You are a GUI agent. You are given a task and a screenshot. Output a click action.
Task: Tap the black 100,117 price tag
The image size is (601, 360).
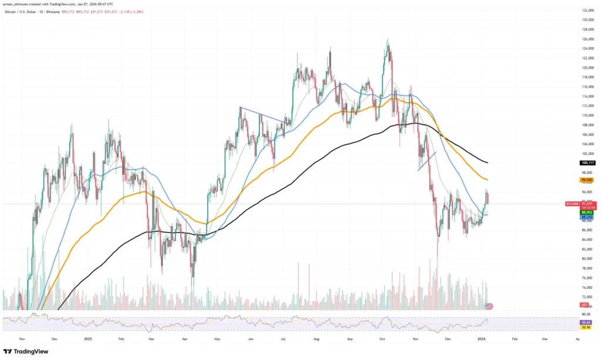pos(588,162)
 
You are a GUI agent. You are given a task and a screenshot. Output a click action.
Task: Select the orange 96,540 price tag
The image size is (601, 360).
pos(588,179)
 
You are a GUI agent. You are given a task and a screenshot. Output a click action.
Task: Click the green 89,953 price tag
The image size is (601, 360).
pos(588,213)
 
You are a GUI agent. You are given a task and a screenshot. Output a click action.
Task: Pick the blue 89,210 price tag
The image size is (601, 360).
pos(588,217)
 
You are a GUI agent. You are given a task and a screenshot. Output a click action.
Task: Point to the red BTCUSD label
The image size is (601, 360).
pos(572,203)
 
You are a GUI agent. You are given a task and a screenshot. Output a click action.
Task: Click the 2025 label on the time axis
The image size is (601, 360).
pos(87,339)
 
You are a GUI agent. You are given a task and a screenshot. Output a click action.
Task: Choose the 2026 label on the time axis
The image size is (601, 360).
pos(482,339)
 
